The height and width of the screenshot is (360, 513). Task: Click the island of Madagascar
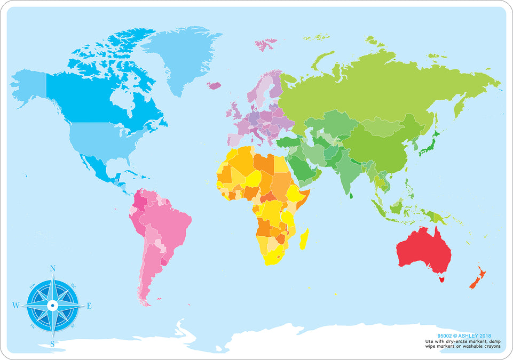(304, 239)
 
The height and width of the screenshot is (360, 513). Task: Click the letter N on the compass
(52, 268)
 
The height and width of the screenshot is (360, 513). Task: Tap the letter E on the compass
(89, 306)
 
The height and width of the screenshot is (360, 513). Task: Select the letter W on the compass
(15, 306)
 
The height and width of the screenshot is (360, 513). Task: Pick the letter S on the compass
(52, 343)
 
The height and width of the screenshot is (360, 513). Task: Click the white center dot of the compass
(52, 306)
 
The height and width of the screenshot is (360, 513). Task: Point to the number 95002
(445, 336)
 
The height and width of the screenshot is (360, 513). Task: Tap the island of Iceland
(214, 85)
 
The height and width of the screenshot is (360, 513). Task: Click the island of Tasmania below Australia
(441, 278)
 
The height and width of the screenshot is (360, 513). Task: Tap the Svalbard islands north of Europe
(266, 44)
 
